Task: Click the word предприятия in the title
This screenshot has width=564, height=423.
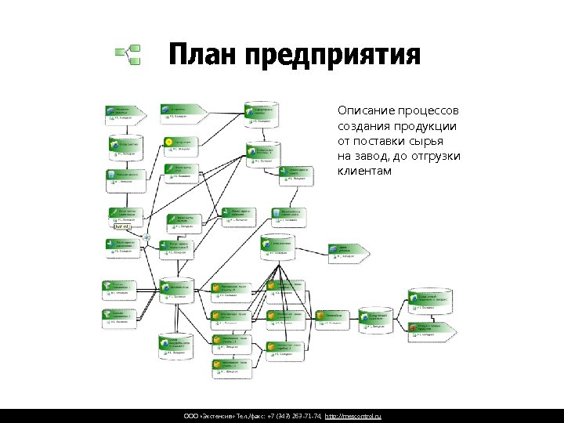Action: pos(332,56)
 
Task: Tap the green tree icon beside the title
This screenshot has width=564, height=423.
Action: pos(128,55)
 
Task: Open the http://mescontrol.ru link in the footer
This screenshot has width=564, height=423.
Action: pos(352,414)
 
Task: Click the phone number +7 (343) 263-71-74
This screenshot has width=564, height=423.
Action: pos(291,414)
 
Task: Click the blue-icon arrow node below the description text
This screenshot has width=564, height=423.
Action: pos(349,250)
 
